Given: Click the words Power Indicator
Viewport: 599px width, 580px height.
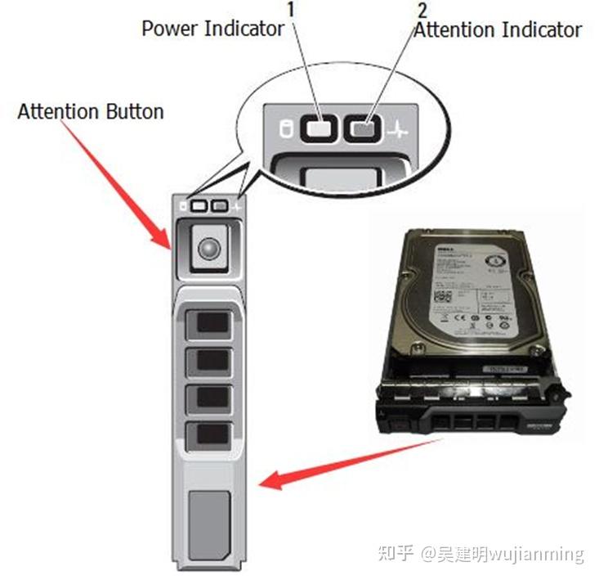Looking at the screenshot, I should pyautogui.click(x=212, y=29).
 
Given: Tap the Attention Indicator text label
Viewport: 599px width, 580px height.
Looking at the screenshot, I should pyautogui.click(x=498, y=30).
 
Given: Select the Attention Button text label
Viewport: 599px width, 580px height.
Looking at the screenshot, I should pyautogui.click(x=91, y=111).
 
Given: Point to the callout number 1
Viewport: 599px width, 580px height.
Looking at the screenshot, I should pyautogui.click(x=293, y=10).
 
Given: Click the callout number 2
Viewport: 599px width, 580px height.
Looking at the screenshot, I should pyautogui.click(x=422, y=10).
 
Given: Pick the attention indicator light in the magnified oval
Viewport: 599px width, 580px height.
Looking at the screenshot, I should pyautogui.click(x=365, y=128).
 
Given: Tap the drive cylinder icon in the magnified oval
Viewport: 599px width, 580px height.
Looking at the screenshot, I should pyautogui.click(x=285, y=128).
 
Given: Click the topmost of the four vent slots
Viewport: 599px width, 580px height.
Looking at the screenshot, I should pyautogui.click(x=208, y=321).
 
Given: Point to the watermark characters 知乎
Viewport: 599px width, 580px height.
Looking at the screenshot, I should pyautogui.click(x=396, y=553).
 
